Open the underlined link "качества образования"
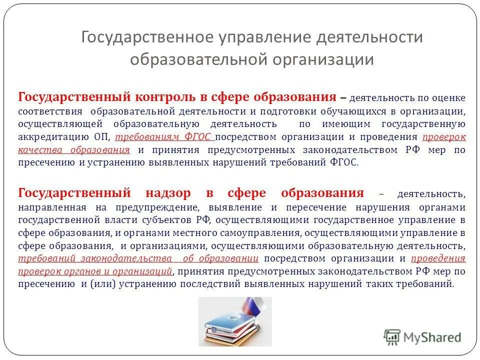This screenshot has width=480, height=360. (74, 149)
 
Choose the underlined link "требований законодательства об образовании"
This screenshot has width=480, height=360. (138, 258)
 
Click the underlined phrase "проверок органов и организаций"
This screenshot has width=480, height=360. (95, 271)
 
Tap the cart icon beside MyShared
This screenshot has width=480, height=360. (392, 337)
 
